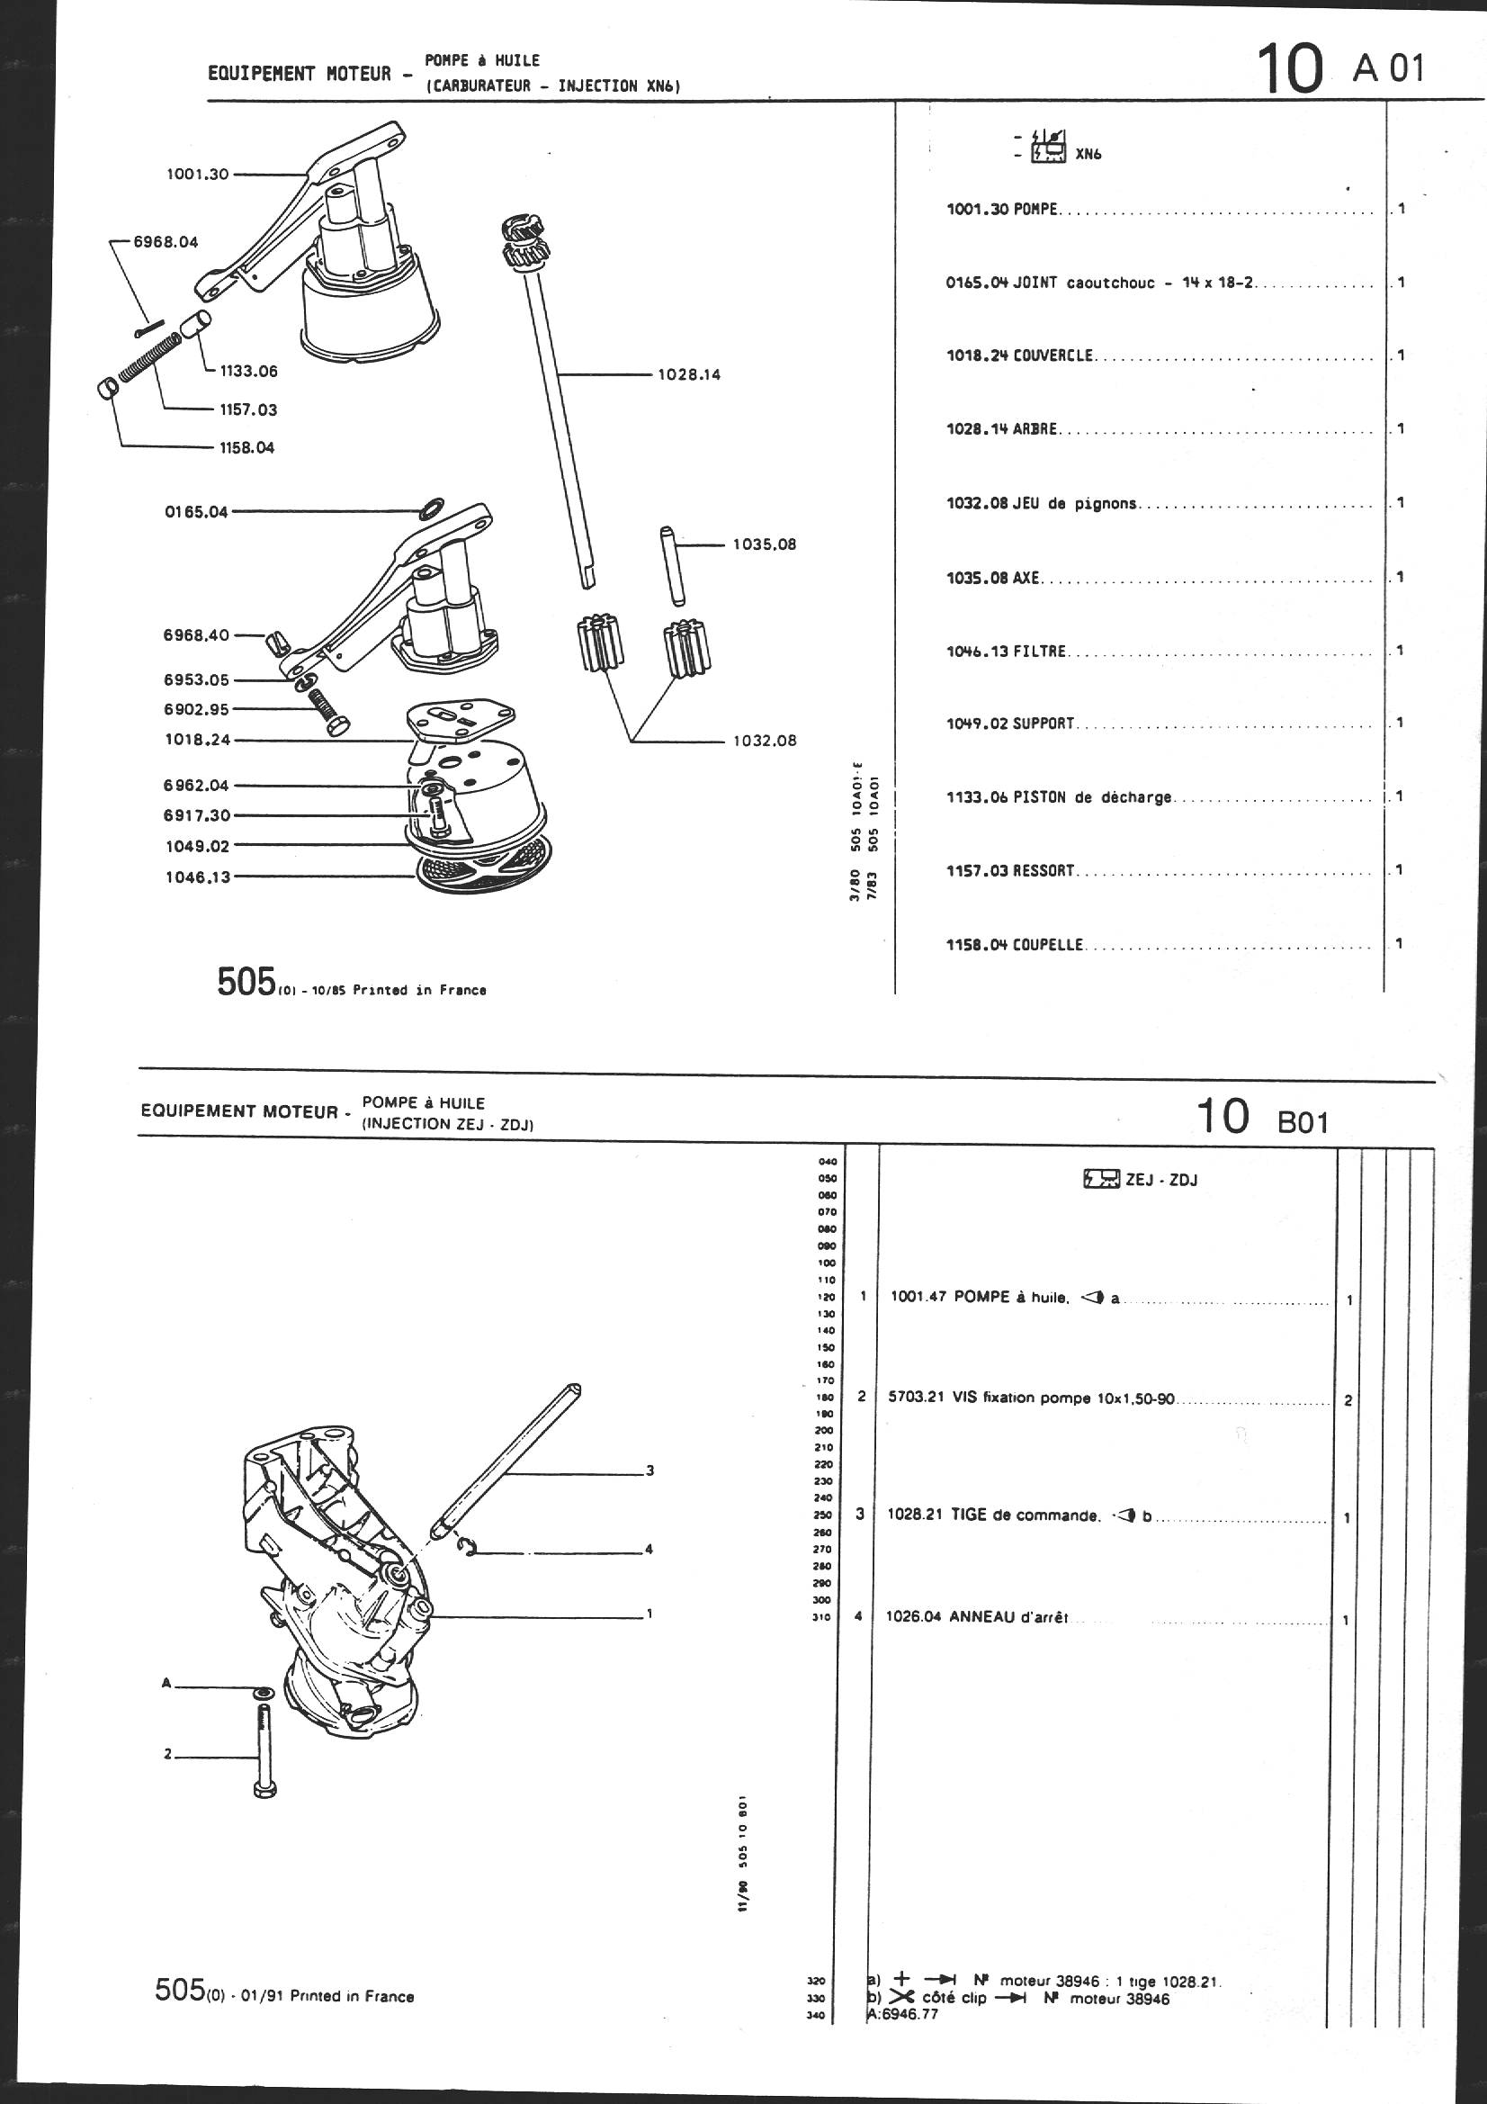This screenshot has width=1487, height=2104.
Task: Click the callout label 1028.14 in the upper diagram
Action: pyautogui.click(x=689, y=374)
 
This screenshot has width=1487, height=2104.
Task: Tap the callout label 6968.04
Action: pyautogui.click(x=166, y=243)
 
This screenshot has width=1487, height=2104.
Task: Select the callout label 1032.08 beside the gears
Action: pyautogui.click(x=764, y=741)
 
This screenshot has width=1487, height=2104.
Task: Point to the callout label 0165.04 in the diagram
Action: pyautogui.click(x=196, y=512)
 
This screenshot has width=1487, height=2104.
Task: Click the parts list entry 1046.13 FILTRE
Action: pyautogui.click(x=1007, y=652)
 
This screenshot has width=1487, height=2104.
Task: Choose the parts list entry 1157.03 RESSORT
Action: pyautogui.click(x=1009, y=870)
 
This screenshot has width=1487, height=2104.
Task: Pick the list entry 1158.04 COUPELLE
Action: pyautogui.click(x=1014, y=945)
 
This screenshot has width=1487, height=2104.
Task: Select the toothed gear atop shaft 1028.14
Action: pyautogui.click(x=524, y=240)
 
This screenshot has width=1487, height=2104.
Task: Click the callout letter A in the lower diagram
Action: pyautogui.click(x=166, y=1683)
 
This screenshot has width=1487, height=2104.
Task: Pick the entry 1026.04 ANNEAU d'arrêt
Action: pyautogui.click(x=977, y=1617)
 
